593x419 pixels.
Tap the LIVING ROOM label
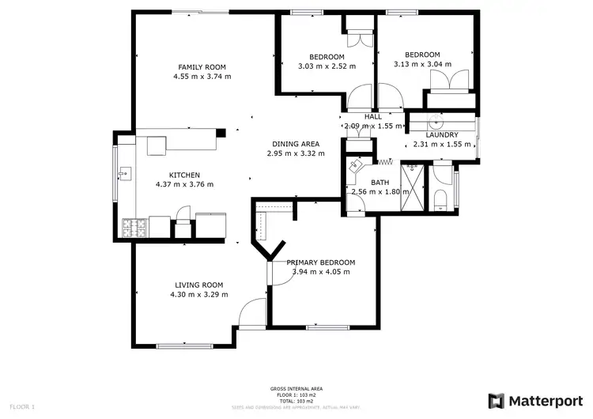click(x=198, y=285)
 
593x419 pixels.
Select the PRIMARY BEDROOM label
click(x=320, y=262)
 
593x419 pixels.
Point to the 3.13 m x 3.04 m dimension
click(x=422, y=65)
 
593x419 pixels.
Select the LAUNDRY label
click(x=442, y=134)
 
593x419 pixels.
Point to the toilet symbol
click(x=442, y=198)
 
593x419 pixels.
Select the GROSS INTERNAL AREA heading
click(x=296, y=389)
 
